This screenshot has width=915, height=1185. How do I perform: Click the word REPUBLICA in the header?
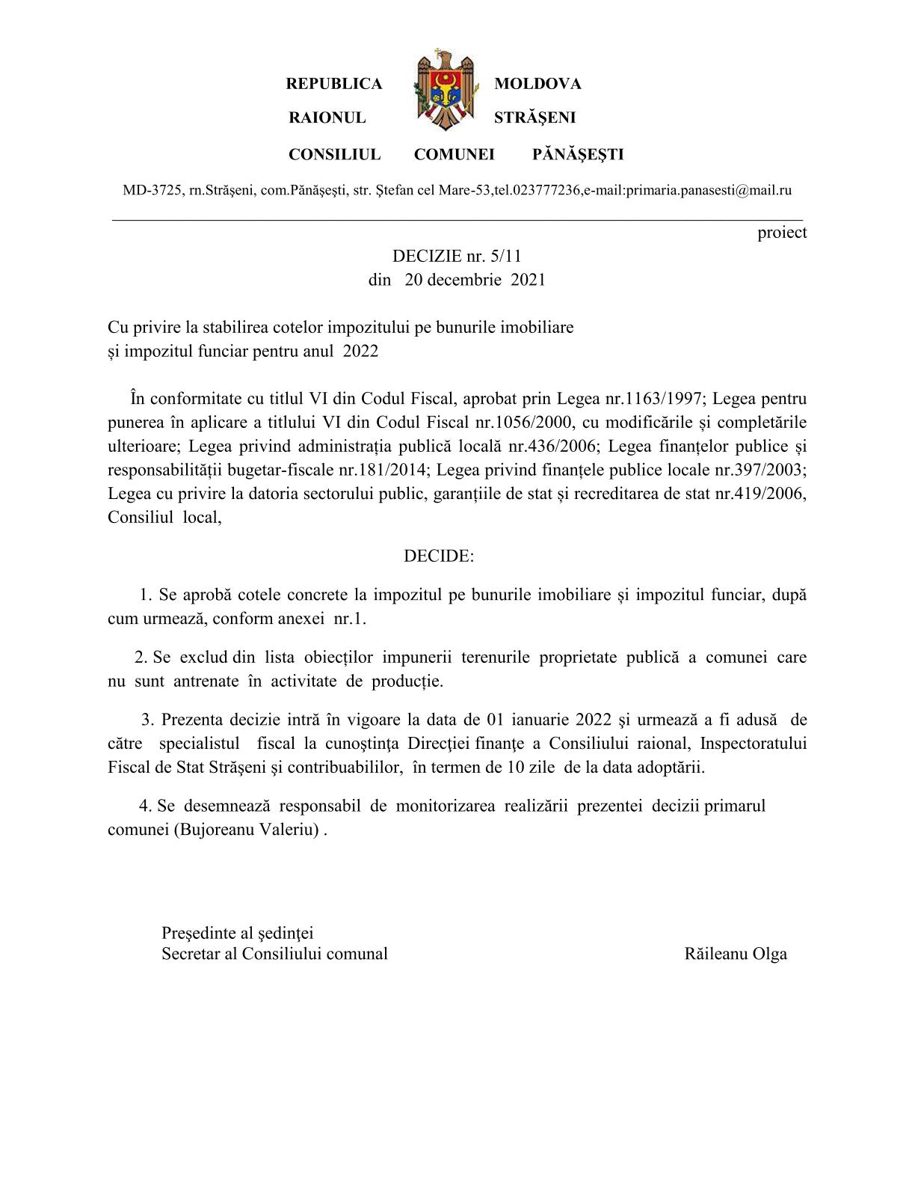(333, 84)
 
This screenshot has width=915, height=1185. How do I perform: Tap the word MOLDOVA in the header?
(537, 84)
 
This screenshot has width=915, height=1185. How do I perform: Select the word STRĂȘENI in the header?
(534, 118)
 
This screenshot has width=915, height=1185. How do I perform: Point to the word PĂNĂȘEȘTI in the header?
(578, 155)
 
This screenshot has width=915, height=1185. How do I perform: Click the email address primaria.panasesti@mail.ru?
(709, 191)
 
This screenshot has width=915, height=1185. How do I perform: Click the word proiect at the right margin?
(782, 233)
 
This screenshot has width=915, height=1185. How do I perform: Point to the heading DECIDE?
(439, 557)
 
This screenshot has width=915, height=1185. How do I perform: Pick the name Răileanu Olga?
(736, 954)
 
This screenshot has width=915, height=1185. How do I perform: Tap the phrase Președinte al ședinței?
(237, 933)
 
